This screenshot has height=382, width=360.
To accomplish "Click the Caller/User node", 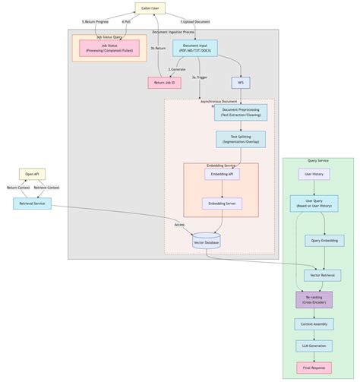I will (150, 8).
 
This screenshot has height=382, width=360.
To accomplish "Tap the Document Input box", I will (194, 49).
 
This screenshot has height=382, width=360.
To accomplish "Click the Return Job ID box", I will (164, 83).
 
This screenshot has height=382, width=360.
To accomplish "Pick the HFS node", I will (241, 83).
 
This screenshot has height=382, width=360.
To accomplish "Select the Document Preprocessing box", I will (240, 113).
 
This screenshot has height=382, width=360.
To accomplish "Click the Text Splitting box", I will (240, 140).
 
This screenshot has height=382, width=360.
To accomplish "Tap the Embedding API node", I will (222, 174).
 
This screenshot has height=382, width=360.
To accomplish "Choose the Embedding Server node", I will (222, 204).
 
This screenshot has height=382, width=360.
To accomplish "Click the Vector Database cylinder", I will (207, 241).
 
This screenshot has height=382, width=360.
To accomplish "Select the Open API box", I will (32, 174).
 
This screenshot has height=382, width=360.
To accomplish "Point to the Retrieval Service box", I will (32, 204).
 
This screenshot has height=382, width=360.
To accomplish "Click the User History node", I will (314, 174).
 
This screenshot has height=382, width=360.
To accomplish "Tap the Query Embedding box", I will (324, 241).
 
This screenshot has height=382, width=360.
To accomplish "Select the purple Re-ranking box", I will (314, 299).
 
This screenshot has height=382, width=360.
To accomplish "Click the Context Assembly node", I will (314, 324).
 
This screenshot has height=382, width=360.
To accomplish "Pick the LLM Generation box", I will (314, 346).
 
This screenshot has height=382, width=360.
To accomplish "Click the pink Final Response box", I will (314, 368).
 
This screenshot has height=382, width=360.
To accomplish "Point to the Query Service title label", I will (317, 161).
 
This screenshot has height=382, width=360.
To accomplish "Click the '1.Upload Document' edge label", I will (195, 22).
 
